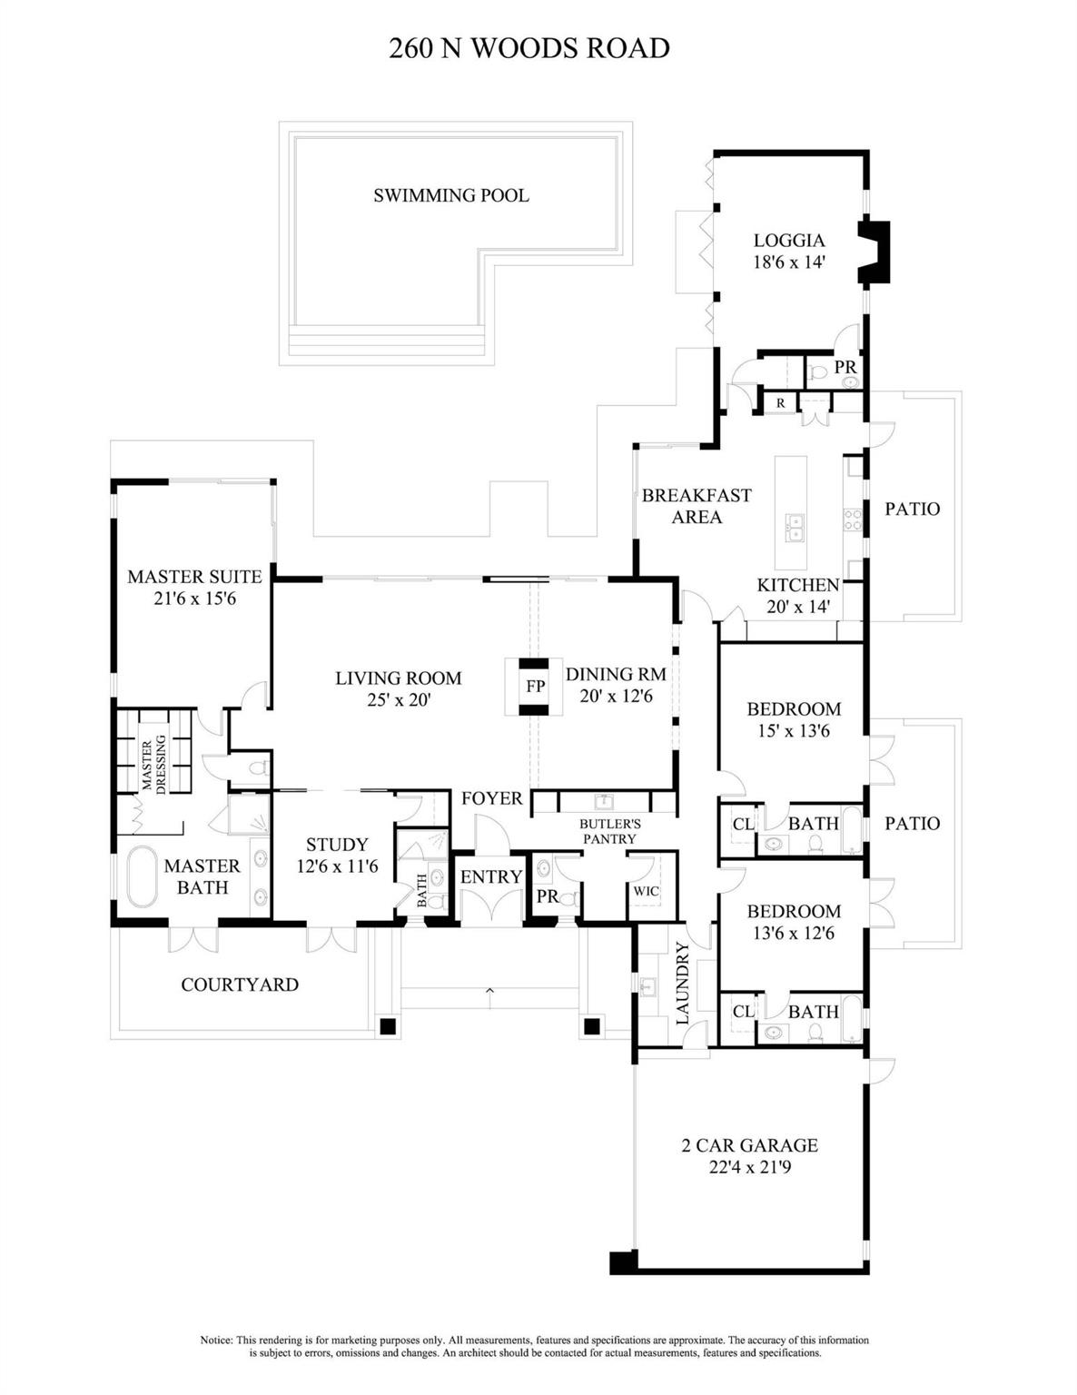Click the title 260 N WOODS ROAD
tap(529, 48)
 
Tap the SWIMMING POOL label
tap(450, 195)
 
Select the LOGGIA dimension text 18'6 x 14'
tap(789, 262)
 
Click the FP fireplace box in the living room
tap(535, 686)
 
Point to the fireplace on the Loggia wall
tap(876, 252)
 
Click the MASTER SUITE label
tap(194, 577)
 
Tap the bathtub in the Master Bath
tap(142, 876)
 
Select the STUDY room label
tap(337, 845)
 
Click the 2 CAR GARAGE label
tap(749, 1145)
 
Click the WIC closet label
tap(647, 891)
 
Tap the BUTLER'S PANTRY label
tap(610, 831)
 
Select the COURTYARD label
tap(240, 984)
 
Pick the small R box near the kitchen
tap(780, 402)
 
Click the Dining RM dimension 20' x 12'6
tap(616, 697)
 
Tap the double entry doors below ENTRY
tap(490, 905)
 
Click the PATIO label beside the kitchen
tap(912, 509)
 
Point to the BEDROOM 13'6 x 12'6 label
tap(794, 911)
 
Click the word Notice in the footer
tap(216, 1340)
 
